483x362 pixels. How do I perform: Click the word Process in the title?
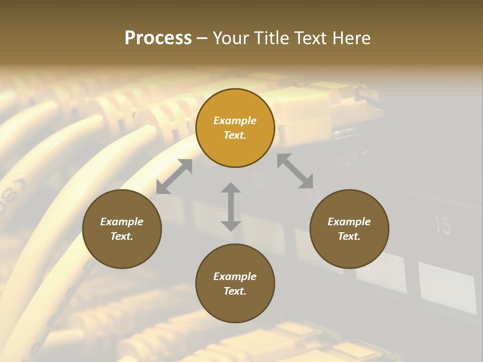tap(158, 38)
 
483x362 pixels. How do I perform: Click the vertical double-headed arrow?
tap(231, 207)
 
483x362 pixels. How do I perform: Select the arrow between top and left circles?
tap(174, 176)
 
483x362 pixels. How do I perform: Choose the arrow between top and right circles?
tap(295, 171)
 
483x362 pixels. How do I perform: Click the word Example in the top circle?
tap(235, 121)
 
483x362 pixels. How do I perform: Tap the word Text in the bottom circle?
tap(235, 291)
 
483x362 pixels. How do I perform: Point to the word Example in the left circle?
tap(122, 222)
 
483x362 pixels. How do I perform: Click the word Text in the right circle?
tap(349, 236)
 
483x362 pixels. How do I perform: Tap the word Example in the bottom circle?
tap(235, 277)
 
